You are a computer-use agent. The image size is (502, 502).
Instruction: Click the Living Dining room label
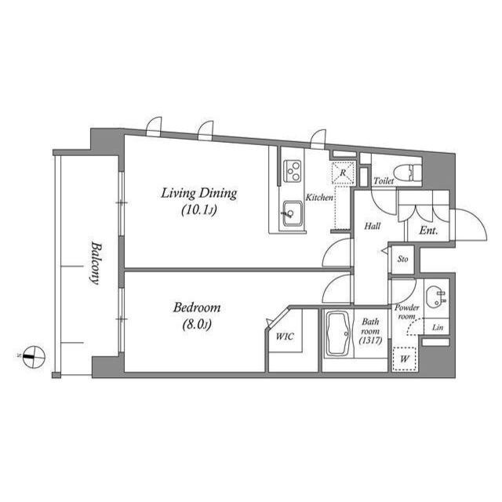199,193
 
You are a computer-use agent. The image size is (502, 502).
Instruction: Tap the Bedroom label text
197,307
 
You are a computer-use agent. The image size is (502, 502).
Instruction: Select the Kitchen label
319,198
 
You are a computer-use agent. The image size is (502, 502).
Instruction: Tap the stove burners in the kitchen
293,169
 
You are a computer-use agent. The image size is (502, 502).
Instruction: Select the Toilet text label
384,181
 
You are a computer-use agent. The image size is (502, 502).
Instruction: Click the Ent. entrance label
428,231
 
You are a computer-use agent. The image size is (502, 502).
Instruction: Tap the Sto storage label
402,259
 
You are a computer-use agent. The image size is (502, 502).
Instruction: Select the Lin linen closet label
437,327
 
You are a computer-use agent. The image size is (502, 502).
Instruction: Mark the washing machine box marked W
405,358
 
